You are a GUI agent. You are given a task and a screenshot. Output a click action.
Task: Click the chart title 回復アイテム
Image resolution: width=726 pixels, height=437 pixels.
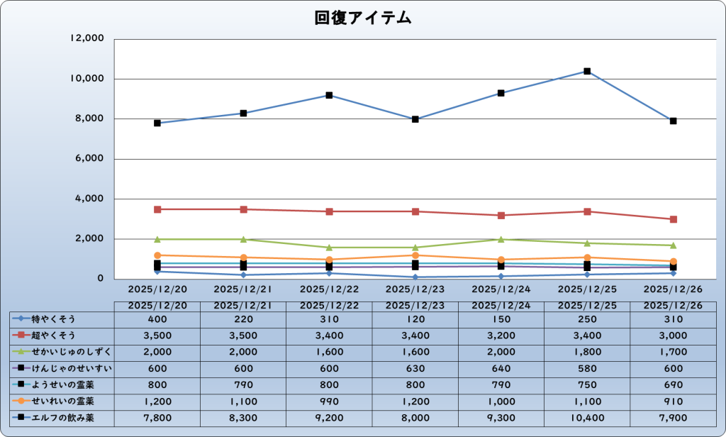pos(363,18)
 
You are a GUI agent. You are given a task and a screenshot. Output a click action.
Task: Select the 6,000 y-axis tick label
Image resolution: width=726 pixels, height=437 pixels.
pos(90,159)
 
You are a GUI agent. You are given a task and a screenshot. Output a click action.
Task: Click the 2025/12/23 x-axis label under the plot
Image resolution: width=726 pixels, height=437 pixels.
pos(415,289)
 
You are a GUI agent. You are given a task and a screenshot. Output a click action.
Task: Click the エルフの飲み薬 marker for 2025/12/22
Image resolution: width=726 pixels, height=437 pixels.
pos(330,95)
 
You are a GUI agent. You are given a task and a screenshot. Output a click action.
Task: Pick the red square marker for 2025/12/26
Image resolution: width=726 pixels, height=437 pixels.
pos(673,219)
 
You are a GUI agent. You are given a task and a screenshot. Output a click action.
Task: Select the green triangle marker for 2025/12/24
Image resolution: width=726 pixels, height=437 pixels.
pos(501,240)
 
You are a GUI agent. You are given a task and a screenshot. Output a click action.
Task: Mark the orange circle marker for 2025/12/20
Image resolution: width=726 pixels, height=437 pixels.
pos(157,255)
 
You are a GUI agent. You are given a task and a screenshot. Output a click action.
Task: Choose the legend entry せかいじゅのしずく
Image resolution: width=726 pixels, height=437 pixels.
pos(62,352)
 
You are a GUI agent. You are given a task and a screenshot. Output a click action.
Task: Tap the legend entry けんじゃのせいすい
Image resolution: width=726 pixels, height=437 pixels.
pos(62,368)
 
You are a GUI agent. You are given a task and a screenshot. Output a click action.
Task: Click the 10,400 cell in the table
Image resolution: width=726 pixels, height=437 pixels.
pos(587,418)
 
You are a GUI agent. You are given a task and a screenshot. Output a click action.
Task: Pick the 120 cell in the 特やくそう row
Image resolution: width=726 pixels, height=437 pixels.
pos(415,319)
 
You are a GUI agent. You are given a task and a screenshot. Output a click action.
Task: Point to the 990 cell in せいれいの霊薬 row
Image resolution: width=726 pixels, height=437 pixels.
pos(329,402)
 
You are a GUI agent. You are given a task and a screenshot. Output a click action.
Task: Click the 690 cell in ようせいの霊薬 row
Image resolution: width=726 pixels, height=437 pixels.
pos(673,385)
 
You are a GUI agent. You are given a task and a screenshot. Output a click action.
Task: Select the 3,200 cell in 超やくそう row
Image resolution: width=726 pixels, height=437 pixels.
pos(501,335)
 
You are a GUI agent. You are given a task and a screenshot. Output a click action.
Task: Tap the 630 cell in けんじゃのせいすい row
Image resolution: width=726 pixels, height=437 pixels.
pos(415,368)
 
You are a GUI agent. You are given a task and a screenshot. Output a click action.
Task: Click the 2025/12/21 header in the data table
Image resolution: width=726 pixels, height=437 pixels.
pos(243,306)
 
